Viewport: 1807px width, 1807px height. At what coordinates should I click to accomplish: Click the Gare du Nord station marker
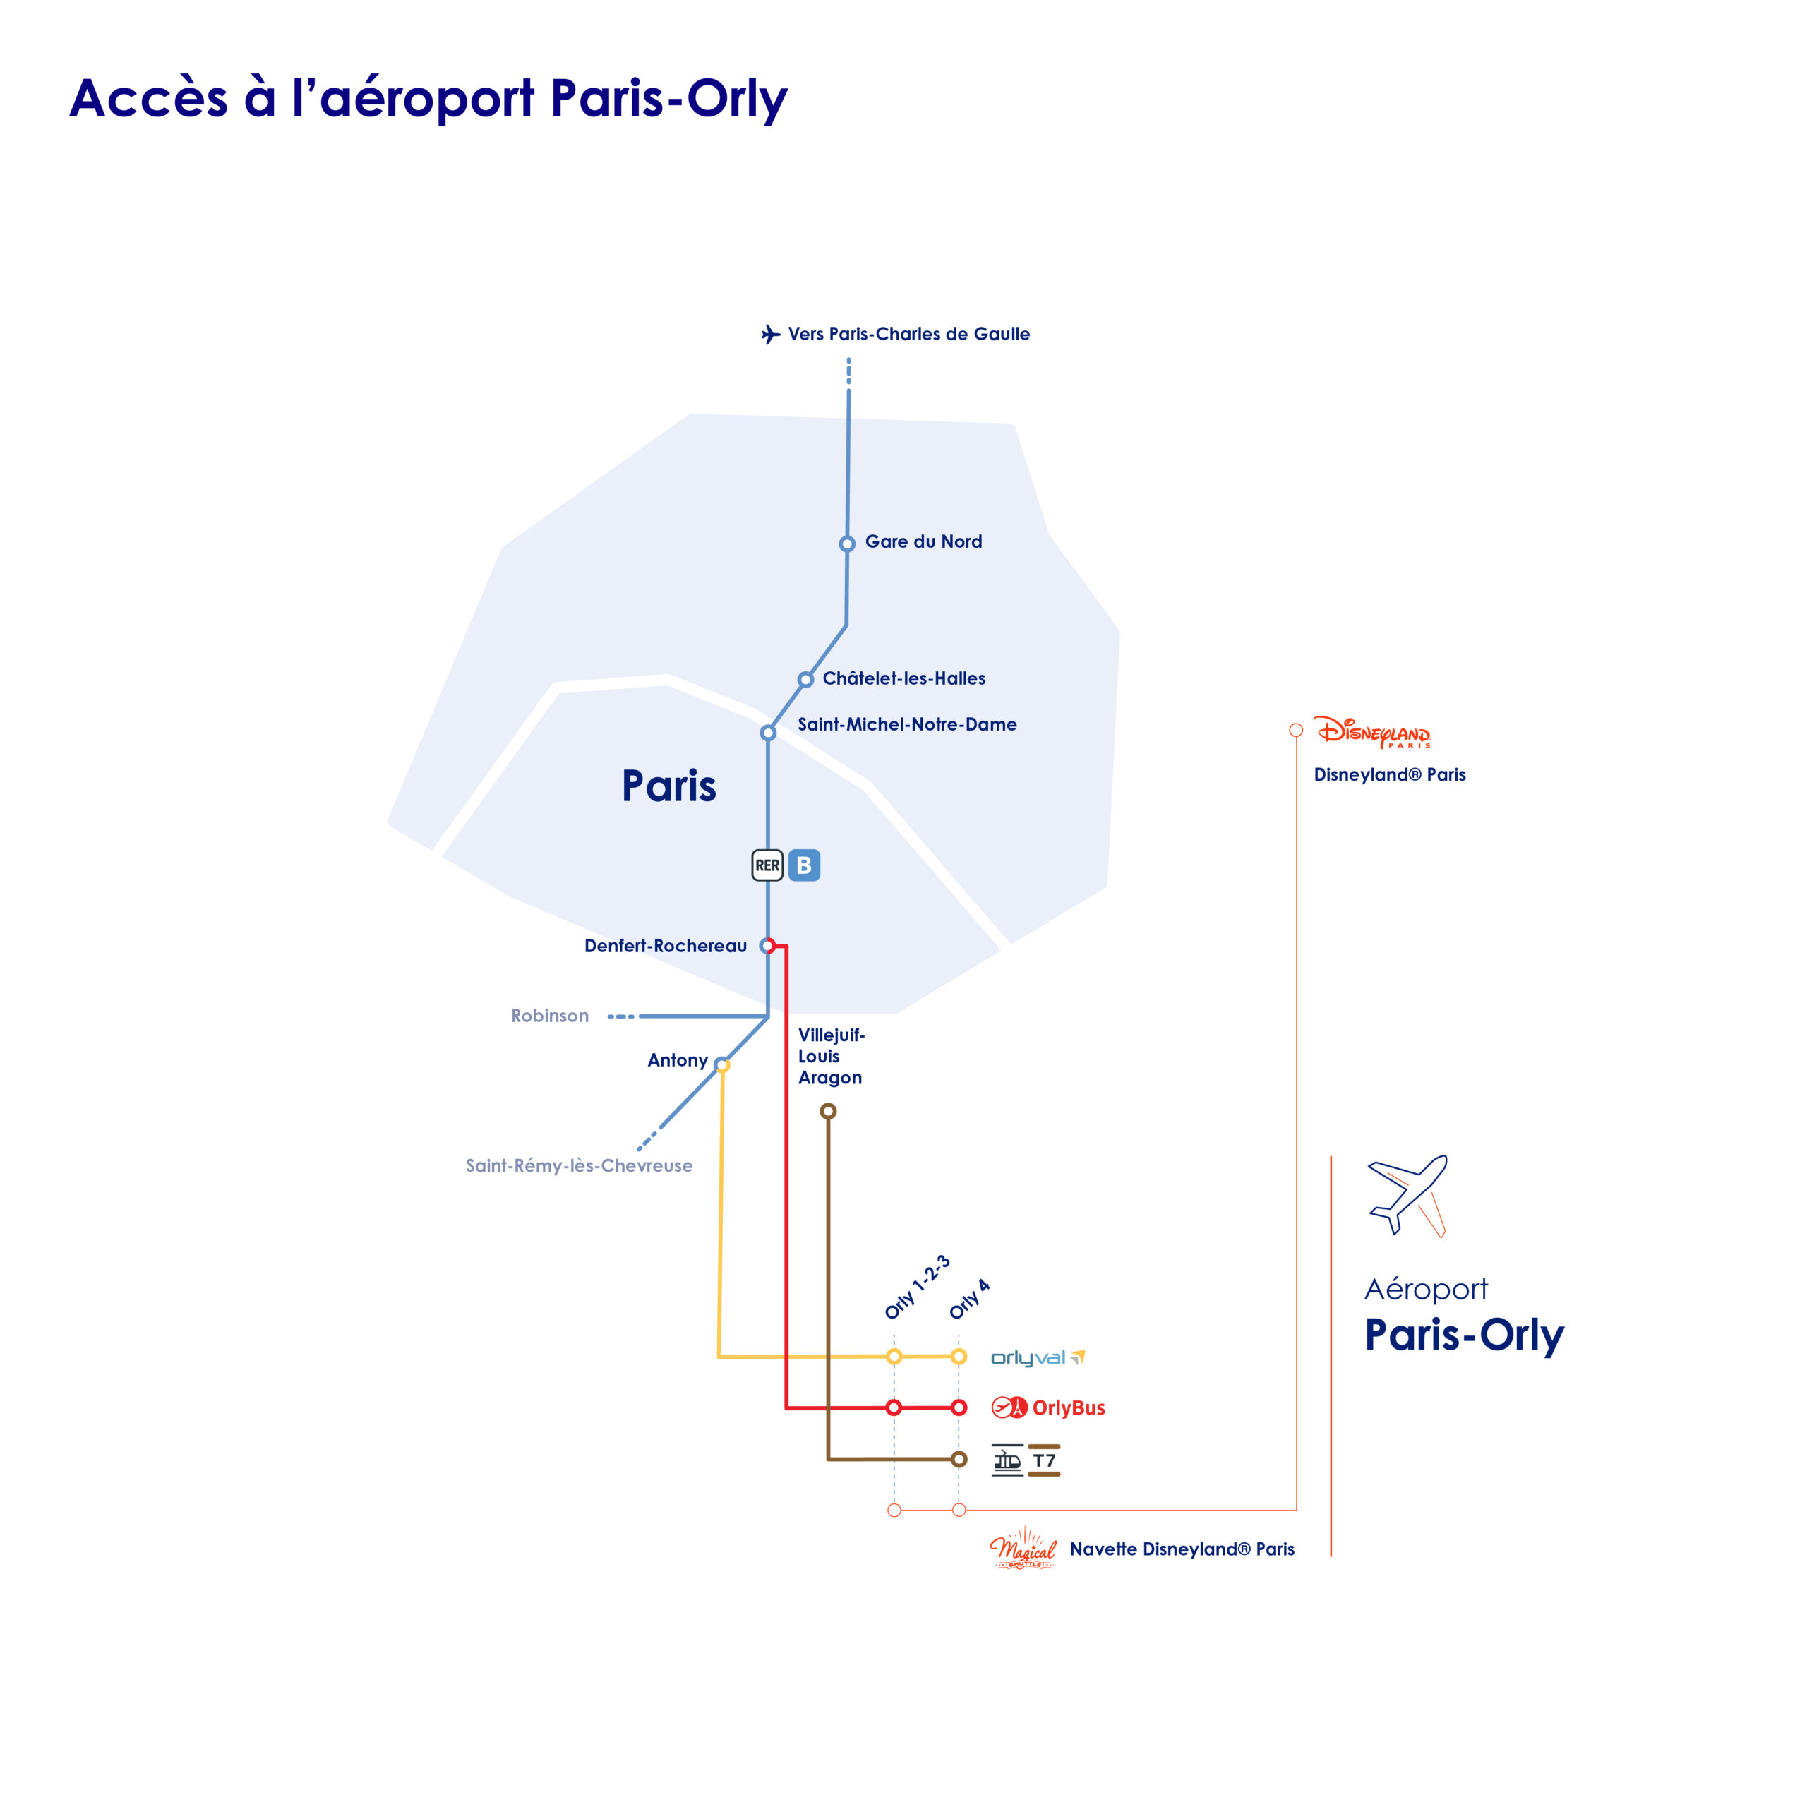pyautogui.click(x=846, y=544)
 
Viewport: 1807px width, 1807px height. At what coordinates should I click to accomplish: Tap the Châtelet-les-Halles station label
pyautogui.click(x=903, y=678)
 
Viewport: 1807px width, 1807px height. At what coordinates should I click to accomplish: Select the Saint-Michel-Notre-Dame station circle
pyautogui.click(x=768, y=733)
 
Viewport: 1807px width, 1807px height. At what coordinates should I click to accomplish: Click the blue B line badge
pyautogui.click(x=805, y=865)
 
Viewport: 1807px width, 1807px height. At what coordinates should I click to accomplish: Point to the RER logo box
pyautogui.click(x=767, y=865)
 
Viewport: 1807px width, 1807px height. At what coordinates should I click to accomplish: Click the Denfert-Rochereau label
pyautogui.click(x=665, y=946)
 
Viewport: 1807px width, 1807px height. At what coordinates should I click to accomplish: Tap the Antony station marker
pyautogui.click(x=721, y=1064)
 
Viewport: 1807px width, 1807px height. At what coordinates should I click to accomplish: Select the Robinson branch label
pyautogui.click(x=550, y=1016)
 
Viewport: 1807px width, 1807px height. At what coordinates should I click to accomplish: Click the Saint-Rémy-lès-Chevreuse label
pyautogui.click(x=579, y=1165)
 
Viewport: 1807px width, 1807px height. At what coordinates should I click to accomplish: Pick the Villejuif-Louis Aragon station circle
pyautogui.click(x=828, y=1111)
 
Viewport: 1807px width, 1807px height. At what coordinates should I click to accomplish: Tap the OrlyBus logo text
pyautogui.click(x=1068, y=1407)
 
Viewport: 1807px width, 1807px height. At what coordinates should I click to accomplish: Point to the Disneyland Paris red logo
pyautogui.click(x=1372, y=731)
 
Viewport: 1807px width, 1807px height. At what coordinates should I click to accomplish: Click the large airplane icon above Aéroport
pyautogui.click(x=1407, y=1196)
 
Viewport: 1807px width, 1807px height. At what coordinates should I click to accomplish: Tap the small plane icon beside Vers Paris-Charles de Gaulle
pyautogui.click(x=771, y=334)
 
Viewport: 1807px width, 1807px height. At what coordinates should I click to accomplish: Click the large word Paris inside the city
pyautogui.click(x=668, y=786)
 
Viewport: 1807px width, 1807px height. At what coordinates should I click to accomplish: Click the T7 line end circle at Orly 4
pyautogui.click(x=959, y=1459)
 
